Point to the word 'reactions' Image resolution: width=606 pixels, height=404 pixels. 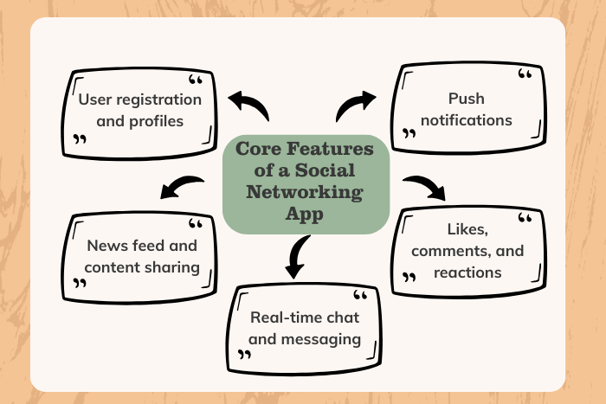click(x=468, y=272)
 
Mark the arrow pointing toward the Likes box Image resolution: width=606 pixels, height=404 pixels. click(x=424, y=186)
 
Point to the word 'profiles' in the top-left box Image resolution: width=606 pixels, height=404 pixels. click(x=151, y=120)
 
